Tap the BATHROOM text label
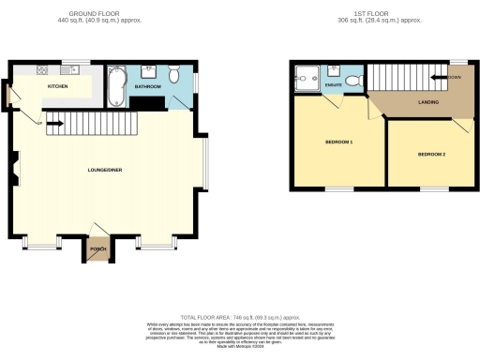click(x=146, y=86)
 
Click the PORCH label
click(x=96, y=250)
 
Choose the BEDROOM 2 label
click(x=431, y=153)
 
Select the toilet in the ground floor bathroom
click(x=175, y=75)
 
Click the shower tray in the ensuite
click(x=305, y=77)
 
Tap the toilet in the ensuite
click(x=352, y=74)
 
